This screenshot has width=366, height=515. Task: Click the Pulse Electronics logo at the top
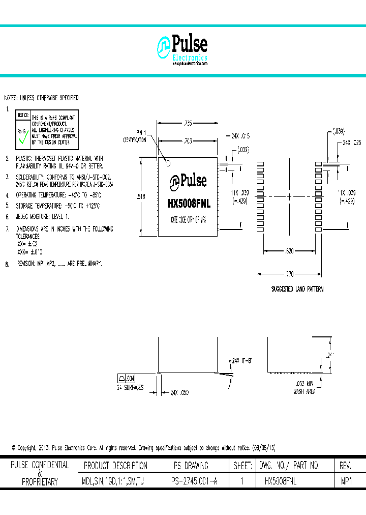[x=182, y=49]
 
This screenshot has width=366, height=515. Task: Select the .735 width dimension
[x=188, y=123]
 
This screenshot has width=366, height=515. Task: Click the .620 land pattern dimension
[x=289, y=251]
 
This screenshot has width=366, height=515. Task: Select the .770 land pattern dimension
[x=289, y=274]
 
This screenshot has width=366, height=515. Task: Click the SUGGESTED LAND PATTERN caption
[x=297, y=289]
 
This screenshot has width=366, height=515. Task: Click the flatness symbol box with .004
[x=127, y=378]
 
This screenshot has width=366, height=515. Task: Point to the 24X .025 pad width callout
[x=352, y=143]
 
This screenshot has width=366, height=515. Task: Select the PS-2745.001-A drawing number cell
[x=195, y=480]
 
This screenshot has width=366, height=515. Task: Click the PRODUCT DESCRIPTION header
[x=115, y=466]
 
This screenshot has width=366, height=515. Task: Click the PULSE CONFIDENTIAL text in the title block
[x=40, y=465]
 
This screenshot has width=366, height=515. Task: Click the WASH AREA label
[x=304, y=391]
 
